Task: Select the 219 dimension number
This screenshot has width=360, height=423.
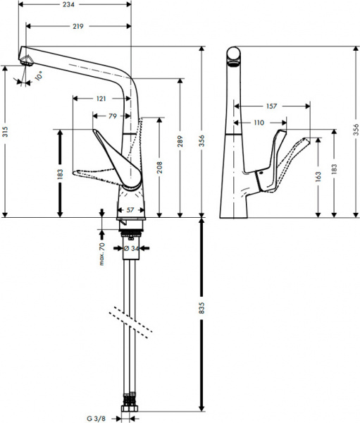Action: coord(77,27)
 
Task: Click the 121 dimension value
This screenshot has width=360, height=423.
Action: coord(101,99)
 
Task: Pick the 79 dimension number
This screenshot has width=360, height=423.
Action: coord(112,116)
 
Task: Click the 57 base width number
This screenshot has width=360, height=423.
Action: coord(130,209)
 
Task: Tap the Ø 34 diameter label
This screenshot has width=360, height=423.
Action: coord(130,248)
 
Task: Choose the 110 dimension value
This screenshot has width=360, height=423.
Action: coord(259,123)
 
